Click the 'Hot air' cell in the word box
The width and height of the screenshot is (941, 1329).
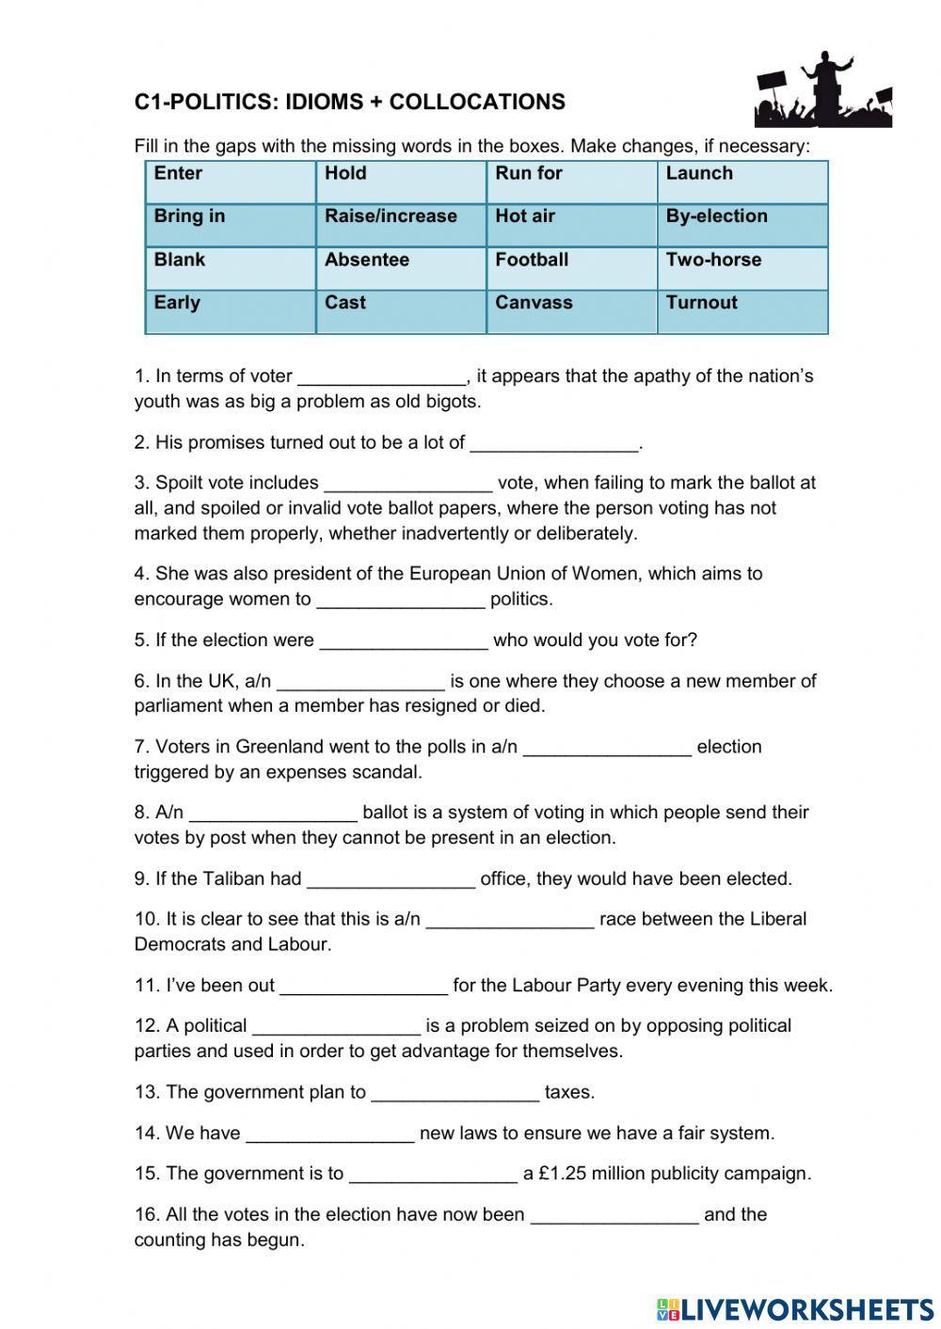571,225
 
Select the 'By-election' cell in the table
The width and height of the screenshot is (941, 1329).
742,225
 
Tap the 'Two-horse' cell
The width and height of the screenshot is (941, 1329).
742,268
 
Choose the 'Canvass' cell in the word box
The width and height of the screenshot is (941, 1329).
571,311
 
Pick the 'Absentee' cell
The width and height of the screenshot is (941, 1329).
401,268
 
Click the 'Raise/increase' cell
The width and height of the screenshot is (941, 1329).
401,225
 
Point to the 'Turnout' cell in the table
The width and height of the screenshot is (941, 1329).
742,311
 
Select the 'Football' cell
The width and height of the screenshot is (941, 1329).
571,268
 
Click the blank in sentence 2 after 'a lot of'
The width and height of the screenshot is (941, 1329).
554,444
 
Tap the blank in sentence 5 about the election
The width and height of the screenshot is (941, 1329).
404,641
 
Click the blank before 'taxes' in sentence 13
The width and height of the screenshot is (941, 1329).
455,1094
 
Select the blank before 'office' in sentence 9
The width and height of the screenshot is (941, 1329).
391,880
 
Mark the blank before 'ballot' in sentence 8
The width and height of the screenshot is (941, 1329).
273,814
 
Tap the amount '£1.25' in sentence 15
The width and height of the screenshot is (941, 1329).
563,1174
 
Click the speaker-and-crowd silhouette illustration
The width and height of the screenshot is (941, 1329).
822,91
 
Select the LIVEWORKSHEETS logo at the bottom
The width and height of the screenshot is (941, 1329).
795,1308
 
